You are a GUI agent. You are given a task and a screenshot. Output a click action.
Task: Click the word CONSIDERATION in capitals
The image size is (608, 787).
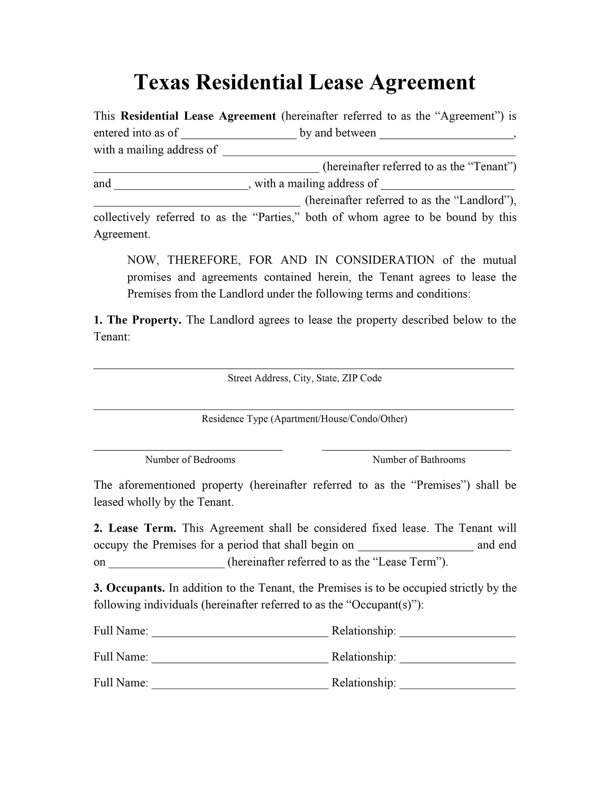[x=385, y=260]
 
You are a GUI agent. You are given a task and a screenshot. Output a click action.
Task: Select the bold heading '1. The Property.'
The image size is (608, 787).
[x=137, y=320]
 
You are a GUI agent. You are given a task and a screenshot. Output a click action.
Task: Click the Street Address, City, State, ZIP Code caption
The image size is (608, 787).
[x=304, y=378]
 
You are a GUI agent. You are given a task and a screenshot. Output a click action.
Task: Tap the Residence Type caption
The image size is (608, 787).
[x=304, y=419]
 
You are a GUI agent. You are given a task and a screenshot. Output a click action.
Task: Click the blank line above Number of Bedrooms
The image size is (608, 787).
[x=188, y=449]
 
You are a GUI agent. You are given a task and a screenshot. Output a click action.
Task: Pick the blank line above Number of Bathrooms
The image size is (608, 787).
[x=416, y=449]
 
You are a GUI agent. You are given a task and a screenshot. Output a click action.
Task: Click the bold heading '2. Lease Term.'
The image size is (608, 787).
[x=135, y=528]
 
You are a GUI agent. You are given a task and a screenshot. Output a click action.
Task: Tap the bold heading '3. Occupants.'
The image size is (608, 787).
[x=129, y=588]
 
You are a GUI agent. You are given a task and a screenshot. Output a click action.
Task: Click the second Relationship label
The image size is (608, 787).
[x=364, y=657]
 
